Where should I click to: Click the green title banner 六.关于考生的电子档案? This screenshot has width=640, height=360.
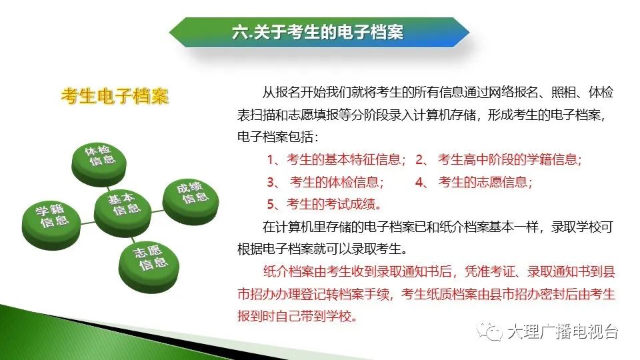[319, 32]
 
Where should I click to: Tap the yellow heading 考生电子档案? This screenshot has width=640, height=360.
[115, 96]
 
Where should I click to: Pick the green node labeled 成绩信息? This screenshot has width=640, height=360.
[191, 201]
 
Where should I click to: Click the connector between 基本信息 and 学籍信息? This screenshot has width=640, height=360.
[87, 223]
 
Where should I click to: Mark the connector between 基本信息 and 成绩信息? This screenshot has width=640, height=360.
[157, 211]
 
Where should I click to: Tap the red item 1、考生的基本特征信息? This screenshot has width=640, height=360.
[336, 159]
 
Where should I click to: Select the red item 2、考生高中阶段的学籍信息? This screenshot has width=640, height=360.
[499, 159]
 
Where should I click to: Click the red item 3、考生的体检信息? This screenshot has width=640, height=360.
[325, 181]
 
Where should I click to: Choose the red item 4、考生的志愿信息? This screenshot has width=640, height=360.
[474, 181]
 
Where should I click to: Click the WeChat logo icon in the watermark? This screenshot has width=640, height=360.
[489, 331]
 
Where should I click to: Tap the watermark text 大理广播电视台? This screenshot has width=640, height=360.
[563, 331]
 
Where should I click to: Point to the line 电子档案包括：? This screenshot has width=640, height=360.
[277, 137]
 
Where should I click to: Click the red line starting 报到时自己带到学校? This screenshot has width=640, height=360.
[297, 316]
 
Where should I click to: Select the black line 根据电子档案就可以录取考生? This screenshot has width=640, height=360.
[323, 249]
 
